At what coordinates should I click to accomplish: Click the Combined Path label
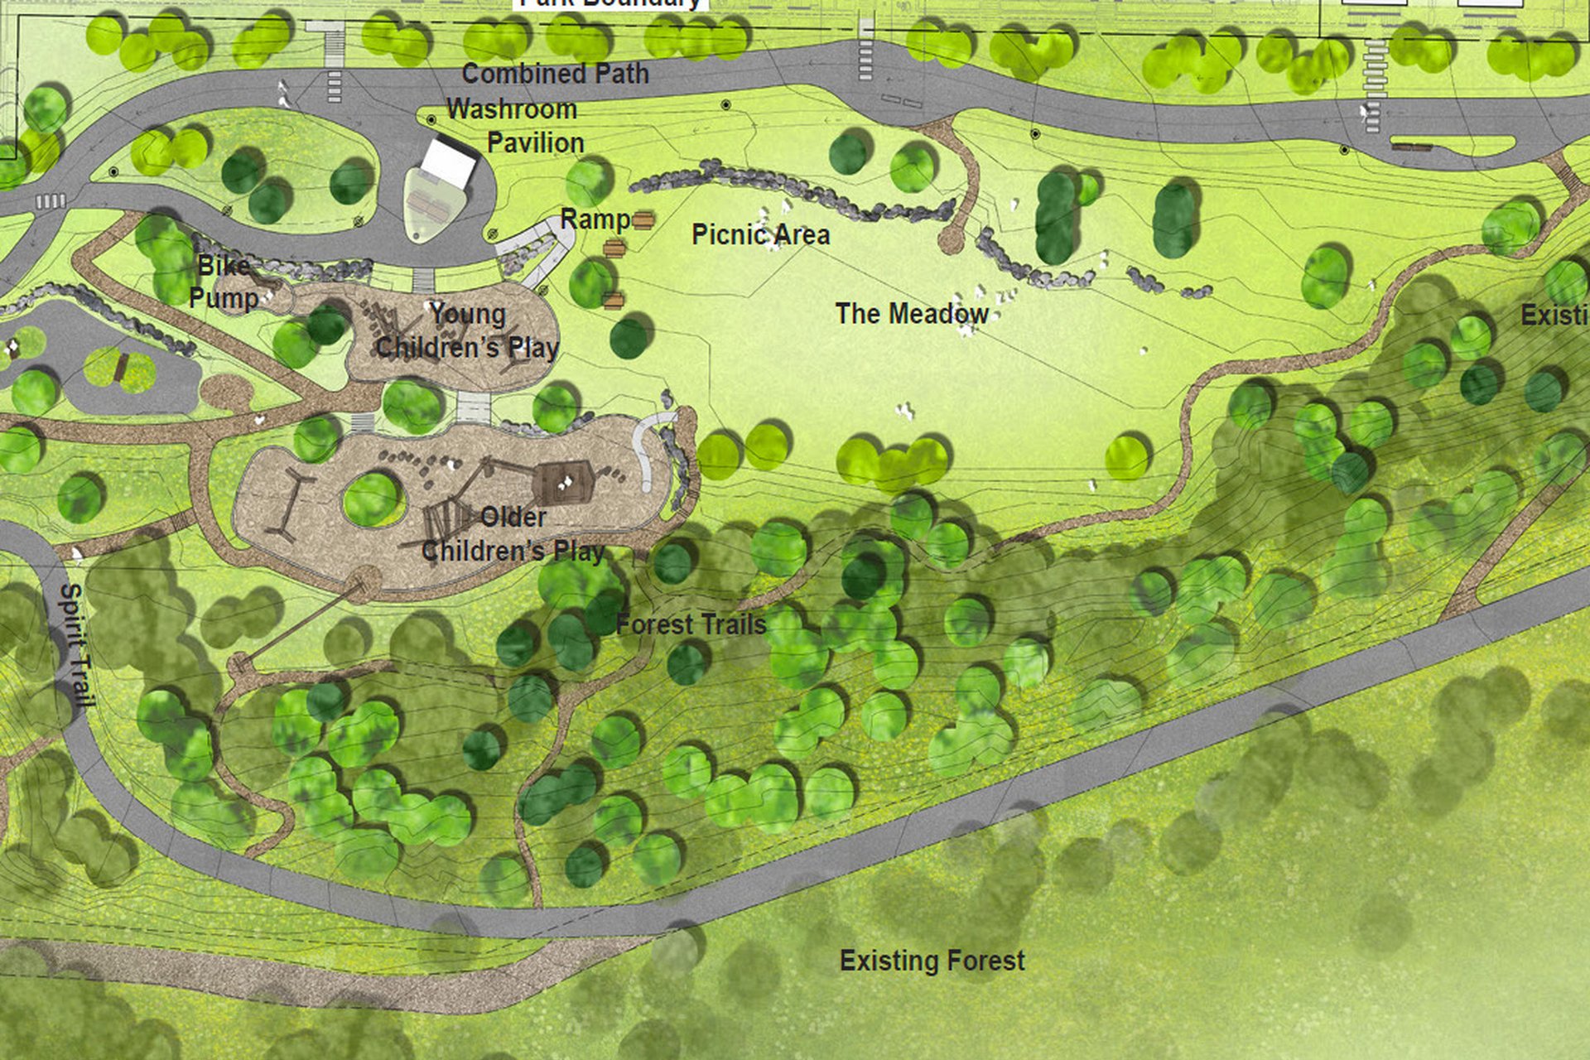[555, 74]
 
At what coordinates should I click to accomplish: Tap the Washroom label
[512, 109]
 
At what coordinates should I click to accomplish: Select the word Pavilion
[535, 142]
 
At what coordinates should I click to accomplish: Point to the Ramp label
[595, 219]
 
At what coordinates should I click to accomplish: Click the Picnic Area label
[760, 234]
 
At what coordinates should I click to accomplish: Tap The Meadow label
[911, 314]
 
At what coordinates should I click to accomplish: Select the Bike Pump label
[223, 282]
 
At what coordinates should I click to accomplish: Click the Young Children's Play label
[468, 330]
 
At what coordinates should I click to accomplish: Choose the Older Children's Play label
[513, 534]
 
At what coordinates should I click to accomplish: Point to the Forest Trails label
[691, 624]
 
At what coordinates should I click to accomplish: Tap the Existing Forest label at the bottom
[932, 961]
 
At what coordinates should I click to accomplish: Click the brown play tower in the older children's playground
[562, 483]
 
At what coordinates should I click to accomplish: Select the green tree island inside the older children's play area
[372, 499]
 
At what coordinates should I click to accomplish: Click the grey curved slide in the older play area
[647, 448]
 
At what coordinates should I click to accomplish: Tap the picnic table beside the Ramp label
[643, 219]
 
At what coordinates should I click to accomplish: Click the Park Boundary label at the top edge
[610, 3]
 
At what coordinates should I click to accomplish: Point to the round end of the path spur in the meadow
[950, 241]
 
